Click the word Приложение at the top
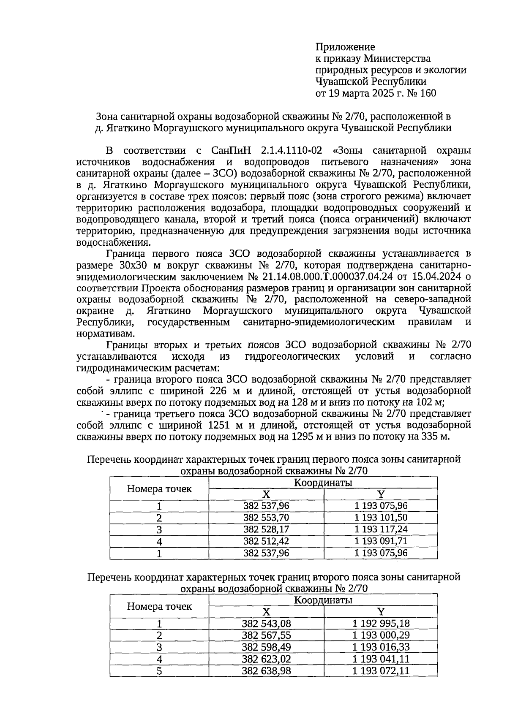pos(345,47)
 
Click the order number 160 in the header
pos(428,93)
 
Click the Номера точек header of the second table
pos(159,607)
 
